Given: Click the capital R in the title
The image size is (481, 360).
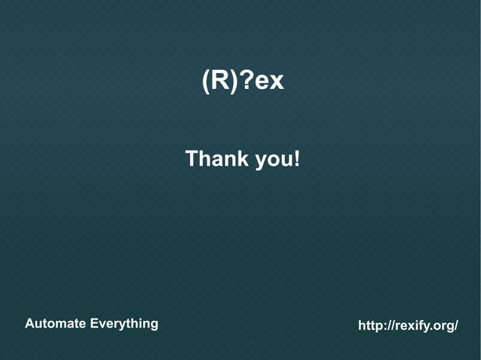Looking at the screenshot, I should tap(220, 81).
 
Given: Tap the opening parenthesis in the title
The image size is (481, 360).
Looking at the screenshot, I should tap(206, 81).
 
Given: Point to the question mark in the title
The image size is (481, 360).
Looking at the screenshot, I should tap(246, 81).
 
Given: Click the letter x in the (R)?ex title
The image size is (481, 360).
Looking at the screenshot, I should tap(276, 82).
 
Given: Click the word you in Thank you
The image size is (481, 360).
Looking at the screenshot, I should tap(274, 160).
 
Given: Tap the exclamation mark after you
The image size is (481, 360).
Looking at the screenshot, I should tap(297, 159).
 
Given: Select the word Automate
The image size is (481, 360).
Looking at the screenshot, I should tap(55, 324).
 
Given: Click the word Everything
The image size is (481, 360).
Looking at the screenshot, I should tap(124, 325).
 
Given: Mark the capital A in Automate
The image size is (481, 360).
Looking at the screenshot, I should tap(30, 324).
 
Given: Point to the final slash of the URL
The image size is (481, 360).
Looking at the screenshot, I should tap(455, 326).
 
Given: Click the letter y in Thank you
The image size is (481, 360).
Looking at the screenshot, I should tap(261, 161).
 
